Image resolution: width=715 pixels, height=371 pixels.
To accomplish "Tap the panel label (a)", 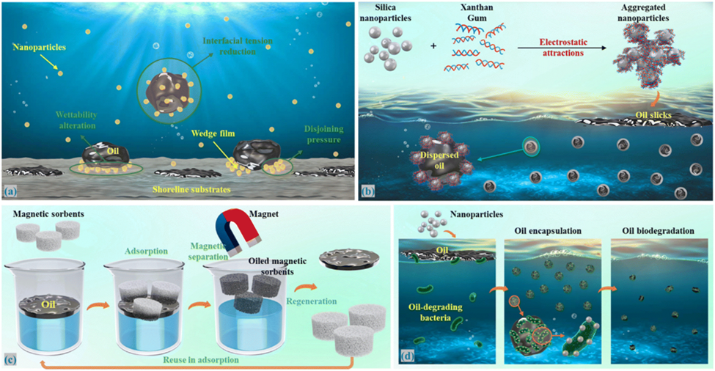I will (x=10, y=193).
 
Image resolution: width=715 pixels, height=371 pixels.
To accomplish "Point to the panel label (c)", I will (x=10, y=360).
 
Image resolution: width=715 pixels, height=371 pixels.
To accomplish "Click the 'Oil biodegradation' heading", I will (x=658, y=231).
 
